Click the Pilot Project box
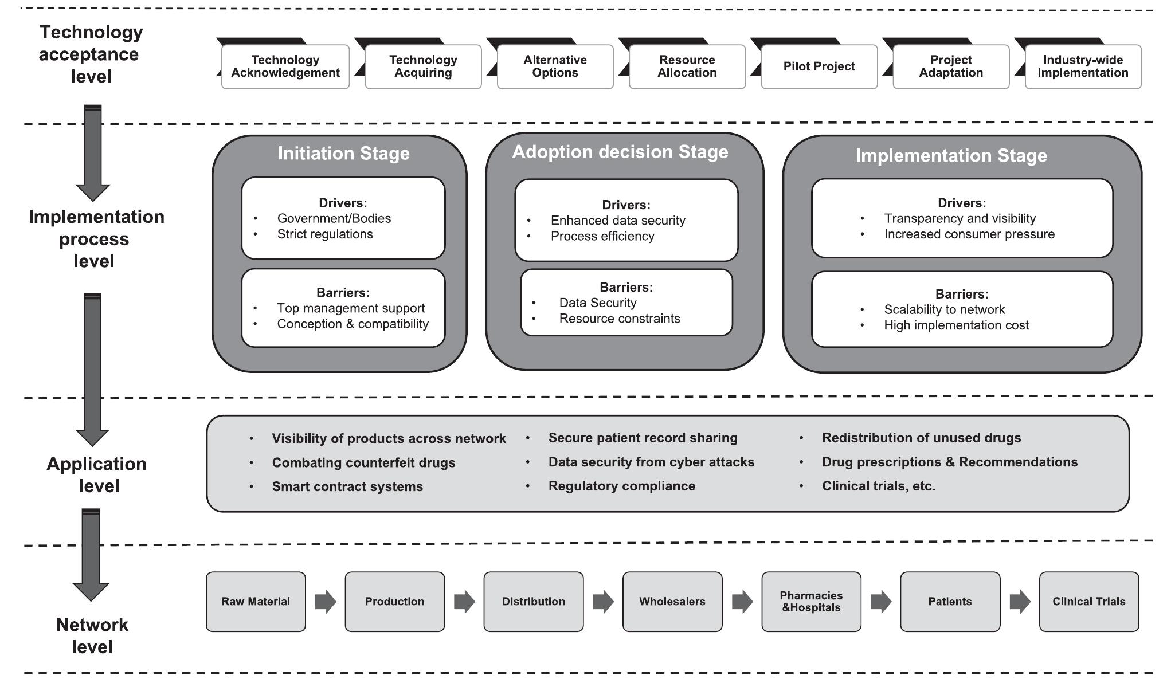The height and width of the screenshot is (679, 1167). click(x=819, y=66)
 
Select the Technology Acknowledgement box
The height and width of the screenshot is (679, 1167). click(x=285, y=66)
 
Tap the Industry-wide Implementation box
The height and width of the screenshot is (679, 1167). click(x=1083, y=66)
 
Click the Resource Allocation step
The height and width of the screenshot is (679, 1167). click(x=687, y=66)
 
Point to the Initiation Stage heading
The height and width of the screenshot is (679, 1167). click(x=343, y=154)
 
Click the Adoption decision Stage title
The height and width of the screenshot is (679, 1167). click(x=620, y=152)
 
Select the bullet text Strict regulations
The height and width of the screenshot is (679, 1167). click(x=324, y=234)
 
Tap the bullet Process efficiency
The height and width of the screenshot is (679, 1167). click(x=602, y=236)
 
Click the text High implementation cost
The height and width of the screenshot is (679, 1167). click(x=955, y=325)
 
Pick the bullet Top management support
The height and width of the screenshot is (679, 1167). click(x=351, y=308)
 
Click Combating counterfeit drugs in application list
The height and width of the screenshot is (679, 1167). click(x=363, y=462)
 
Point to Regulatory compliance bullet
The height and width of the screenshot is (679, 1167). click(x=621, y=486)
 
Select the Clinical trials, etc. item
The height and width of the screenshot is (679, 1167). click(x=878, y=486)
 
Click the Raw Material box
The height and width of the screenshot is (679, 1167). click(x=256, y=602)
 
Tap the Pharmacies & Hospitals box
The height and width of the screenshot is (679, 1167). click(x=811, y=602)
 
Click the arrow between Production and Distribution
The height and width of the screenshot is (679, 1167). click(x=464, y=602)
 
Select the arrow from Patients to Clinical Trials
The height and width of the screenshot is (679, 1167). click(x=1020, y=602)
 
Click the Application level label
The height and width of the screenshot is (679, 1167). click(x=97, y=474)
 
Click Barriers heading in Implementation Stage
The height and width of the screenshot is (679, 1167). click(x=961, y=294)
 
